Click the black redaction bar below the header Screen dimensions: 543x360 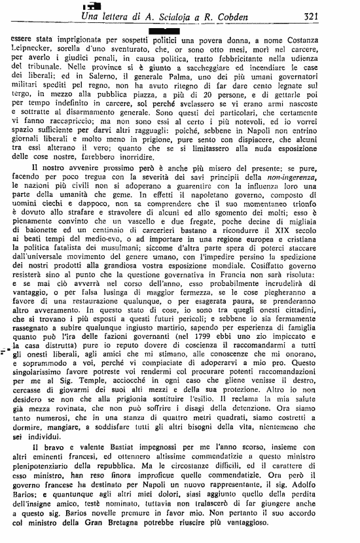164,30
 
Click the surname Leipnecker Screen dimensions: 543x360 37,51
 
